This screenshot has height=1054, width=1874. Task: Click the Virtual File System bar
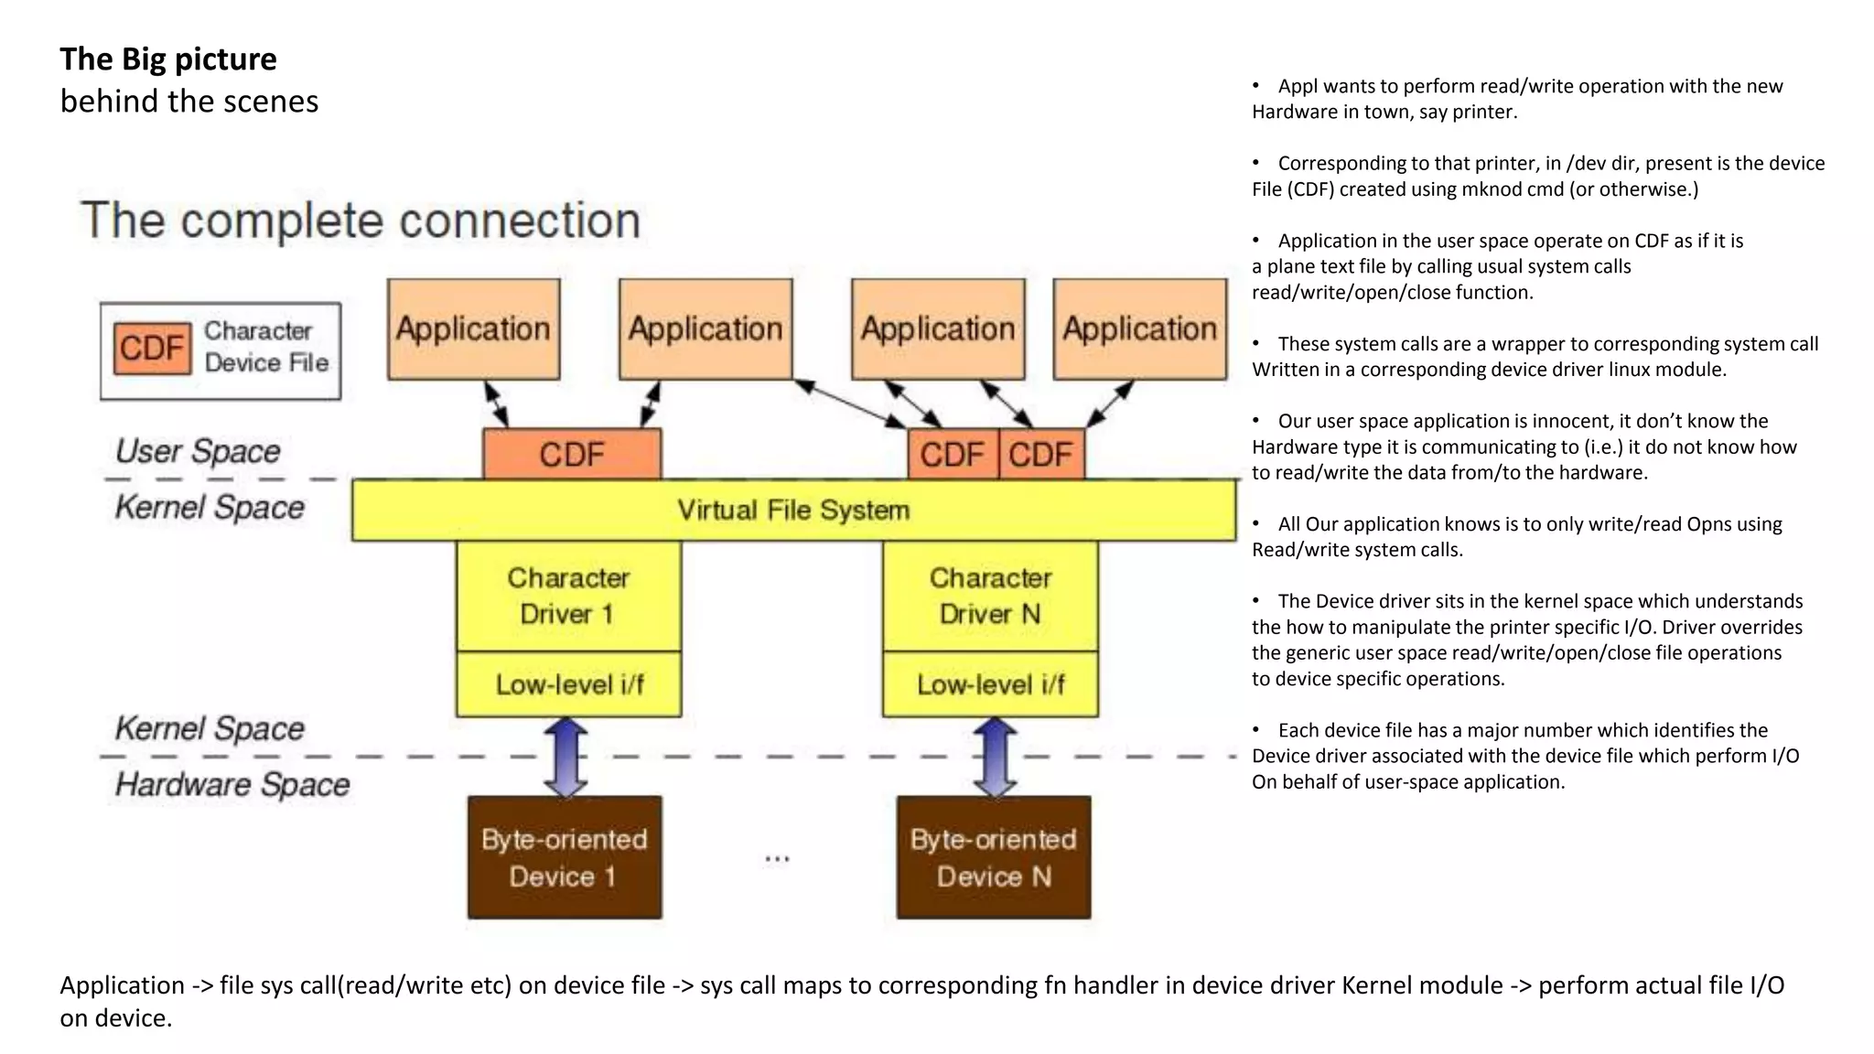pyautogui.click(x=793, y=510)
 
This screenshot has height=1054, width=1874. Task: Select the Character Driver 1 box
pyautogui.click(x=568, y=596)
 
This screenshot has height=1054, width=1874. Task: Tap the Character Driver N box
pyautogui.click(x=990, y=596)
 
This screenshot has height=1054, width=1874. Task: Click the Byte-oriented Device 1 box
pyautogui.click(x=565, y=857)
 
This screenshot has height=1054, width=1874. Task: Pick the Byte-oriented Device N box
pyautogui.click(x=994, y=857)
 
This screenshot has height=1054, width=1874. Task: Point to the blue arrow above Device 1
pyautogui.click(x=565, y=758)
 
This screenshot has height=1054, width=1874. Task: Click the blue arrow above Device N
pyautogui.click(x=995, y=758)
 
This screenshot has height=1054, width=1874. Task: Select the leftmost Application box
pyautogui.click(x=473, y=329)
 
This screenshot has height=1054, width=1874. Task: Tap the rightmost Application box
pyautogui.click(x=1139, y=329)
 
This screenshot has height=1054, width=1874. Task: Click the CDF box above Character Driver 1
pyautogui.click(x=572, y=455)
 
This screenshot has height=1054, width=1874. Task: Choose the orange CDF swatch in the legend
pyautogui.click(x=152, y=348)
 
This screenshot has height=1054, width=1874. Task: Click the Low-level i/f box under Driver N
pyautogui.click(x=990, y=684)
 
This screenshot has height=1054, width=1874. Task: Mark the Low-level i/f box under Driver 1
pyautogui.click(x=568, y=684)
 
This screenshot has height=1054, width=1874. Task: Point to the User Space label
pyautogui.click(x=198, y=451)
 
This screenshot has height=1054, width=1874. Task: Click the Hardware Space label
pyautogui.click(x=232, y=785)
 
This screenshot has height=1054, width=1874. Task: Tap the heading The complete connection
pyautogui.click(x=361, y=220)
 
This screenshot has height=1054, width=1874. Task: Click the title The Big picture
pyautogui.click(x=168, y=59)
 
